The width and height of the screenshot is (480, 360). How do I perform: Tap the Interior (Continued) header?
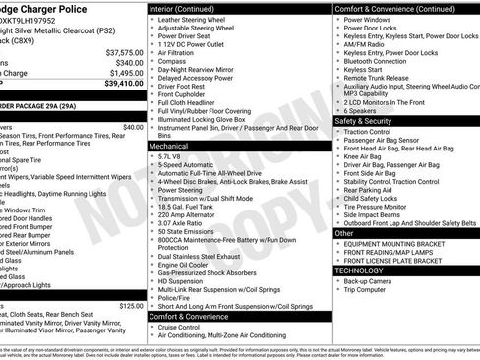point(191,8)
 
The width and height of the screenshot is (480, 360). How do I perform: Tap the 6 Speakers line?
point(365,109)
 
